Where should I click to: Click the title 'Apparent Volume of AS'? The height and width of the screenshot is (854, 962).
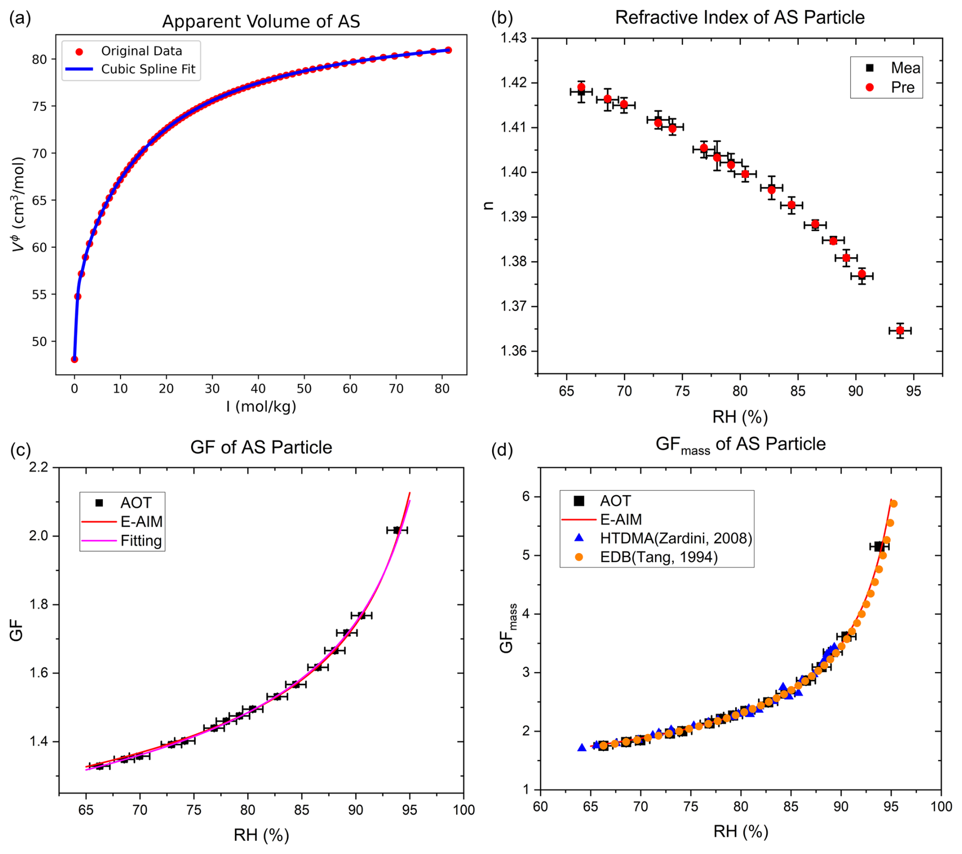click(x=261, y=21)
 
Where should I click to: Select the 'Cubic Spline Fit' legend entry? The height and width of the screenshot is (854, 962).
click(x=148, y=69)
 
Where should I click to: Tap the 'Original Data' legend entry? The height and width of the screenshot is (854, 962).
click(x=141, y=51)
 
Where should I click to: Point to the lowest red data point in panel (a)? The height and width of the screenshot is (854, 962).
click(x=74, y=359)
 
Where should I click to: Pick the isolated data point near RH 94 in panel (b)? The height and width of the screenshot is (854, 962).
click(x=900, y=330)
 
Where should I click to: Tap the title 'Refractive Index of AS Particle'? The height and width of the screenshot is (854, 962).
click(x=739, y=17)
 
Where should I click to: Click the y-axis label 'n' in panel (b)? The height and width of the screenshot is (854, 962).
click(x=488, y=205)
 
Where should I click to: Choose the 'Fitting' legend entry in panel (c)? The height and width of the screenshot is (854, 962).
click(x=141, y=540)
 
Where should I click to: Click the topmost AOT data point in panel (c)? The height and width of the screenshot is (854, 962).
click(x=397, y=530)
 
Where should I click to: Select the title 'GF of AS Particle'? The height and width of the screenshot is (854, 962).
click(x=261, y=447)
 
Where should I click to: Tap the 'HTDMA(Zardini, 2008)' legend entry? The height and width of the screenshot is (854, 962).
click(x=675, y=538)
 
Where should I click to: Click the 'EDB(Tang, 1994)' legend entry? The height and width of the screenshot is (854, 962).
click(x=658, y=557)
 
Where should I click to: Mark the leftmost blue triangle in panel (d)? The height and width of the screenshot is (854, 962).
click(x=582, y=747)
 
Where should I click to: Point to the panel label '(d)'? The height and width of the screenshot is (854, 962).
click(x=501, y=450)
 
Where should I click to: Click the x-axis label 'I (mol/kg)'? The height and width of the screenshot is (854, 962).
click(x=261, y=406)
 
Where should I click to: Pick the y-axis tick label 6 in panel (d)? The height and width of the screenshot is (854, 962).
click(x=526, y=496)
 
